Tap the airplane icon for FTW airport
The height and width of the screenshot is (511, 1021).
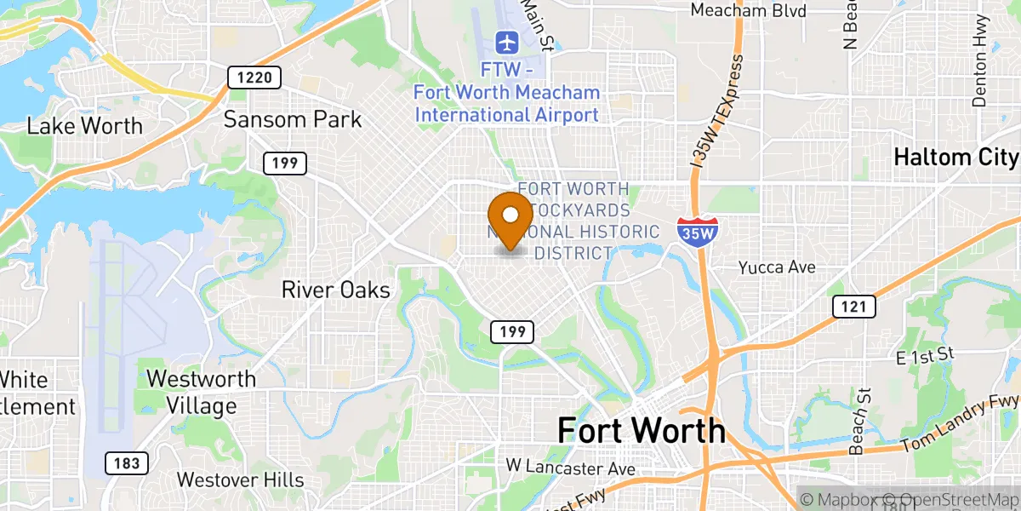(x=507, y=41)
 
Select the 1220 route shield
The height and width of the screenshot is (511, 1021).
(x=254, y=78)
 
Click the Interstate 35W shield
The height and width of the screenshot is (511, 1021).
(x=698, y=233)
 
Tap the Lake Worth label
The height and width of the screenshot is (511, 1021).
(x=85, y=126)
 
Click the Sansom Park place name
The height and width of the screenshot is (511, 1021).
(x=293, y=119)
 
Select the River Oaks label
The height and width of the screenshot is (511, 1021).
(x=336, y=290)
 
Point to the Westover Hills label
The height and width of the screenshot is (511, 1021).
(x=241, y=480)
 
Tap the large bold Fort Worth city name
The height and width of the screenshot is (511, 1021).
(x=642, y=431)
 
